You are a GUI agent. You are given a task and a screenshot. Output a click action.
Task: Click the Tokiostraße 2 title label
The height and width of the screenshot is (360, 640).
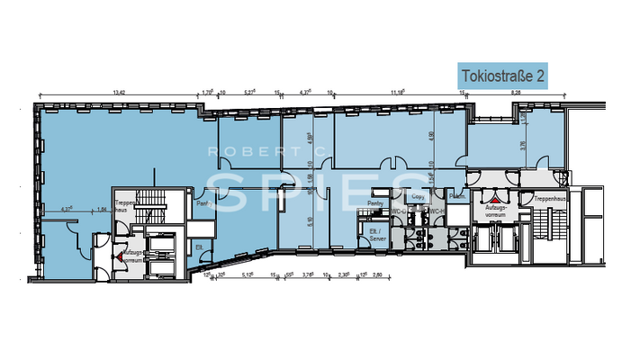pos(503,76)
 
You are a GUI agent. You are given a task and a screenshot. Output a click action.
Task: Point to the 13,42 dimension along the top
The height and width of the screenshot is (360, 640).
pos(118,91)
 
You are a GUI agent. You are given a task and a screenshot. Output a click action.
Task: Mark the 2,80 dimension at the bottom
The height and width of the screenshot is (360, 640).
pos(378,275)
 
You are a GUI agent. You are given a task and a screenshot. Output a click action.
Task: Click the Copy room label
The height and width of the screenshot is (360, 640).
pos(418,196)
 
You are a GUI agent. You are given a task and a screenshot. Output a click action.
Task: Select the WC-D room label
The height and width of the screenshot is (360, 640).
pos(416,211)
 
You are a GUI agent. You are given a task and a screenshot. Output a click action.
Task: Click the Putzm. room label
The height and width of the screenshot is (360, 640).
pos(457,197)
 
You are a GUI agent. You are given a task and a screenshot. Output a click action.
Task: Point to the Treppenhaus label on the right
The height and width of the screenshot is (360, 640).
pos(549,198)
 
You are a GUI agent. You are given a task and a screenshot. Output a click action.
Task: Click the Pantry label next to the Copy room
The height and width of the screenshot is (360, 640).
pos(376,203)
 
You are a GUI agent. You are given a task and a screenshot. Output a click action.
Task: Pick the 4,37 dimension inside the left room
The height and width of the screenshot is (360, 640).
pos(66,209)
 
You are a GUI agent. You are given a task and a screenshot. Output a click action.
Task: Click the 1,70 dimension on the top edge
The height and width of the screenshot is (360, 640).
pos(206,91)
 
